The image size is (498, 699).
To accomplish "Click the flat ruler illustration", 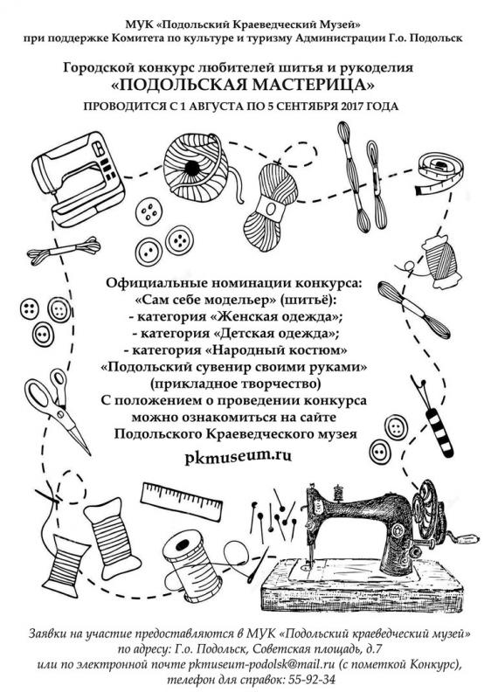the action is [182, 502].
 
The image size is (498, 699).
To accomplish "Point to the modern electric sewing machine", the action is [77, 178].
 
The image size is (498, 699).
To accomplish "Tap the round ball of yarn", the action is [196, 166].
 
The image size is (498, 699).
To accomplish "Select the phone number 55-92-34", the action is [311, 680].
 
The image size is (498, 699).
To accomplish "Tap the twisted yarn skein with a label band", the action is [271, 206].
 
